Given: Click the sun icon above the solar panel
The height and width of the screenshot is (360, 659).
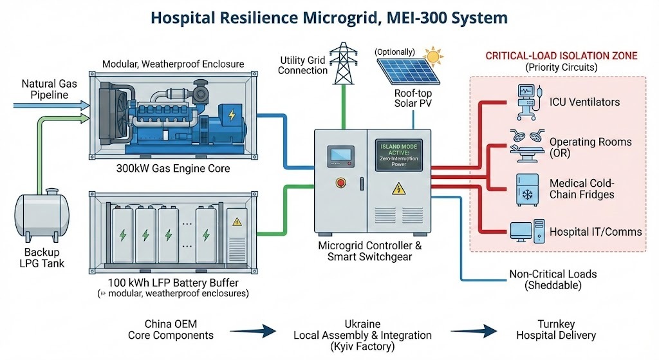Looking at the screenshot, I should pyautogui.click(x=434, y=57).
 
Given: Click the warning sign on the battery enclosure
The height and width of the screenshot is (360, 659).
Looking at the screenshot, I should pyautogui.click(x=237, y=222).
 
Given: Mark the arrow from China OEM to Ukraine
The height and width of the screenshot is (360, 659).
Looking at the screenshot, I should pyautogui.click(x=252, y=331).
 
